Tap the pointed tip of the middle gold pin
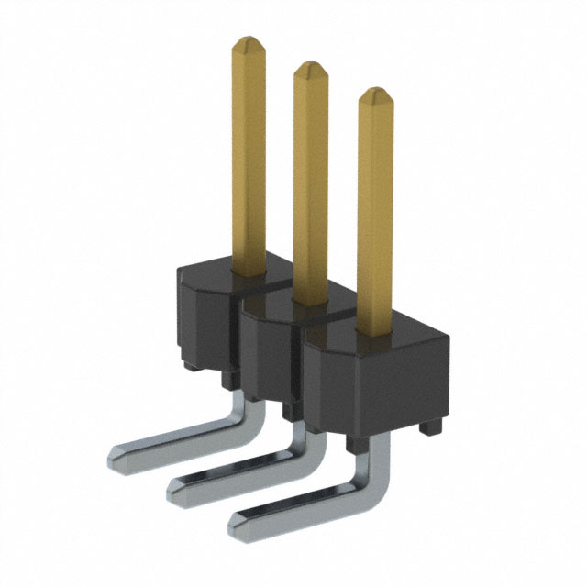(310, 69)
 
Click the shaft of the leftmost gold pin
(248, 156)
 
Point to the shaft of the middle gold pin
(310, 183)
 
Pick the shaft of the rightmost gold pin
(374, 211)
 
